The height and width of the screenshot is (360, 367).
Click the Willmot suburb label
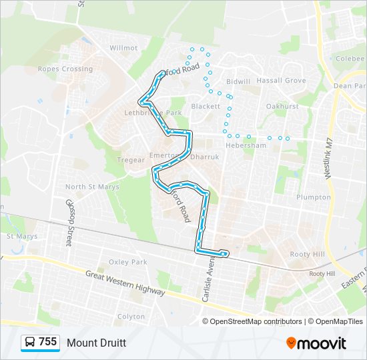pos(123,48)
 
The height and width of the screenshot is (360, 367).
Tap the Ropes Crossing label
pos(65,69)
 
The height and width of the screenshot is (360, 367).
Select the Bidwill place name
pos(238,81)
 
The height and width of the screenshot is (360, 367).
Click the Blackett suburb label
pos(206,106)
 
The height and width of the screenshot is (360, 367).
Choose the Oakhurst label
pos(282,106)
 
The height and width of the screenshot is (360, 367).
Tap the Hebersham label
pos(246,145)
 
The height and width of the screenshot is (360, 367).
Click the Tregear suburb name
pos(131,160)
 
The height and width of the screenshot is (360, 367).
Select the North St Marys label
pos(93,187)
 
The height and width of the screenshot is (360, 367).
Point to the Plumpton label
pos(314,197)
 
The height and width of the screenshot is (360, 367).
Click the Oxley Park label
pos(127,263)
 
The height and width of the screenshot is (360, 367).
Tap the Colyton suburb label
pos(131,317)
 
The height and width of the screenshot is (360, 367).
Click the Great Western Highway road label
pos(125,283)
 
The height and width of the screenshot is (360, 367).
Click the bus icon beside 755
pos(30,343)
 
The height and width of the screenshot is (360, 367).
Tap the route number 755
pos(48,342)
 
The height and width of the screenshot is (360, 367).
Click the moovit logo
pos(316,343)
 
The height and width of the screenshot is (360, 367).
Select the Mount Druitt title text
pos(96,343)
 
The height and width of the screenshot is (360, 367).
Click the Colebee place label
pos(350,58)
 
